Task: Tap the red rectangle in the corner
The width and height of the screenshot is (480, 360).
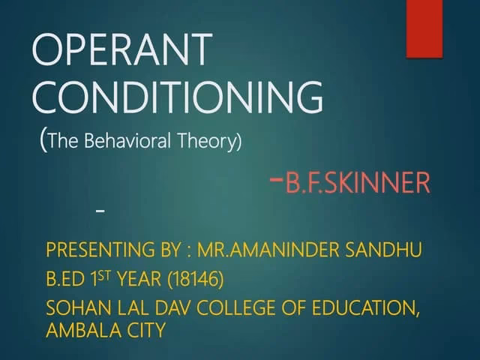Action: tap(424, 28)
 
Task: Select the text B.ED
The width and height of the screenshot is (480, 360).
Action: tap(65, 280)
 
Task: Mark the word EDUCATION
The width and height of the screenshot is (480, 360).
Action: tap(367, 309)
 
